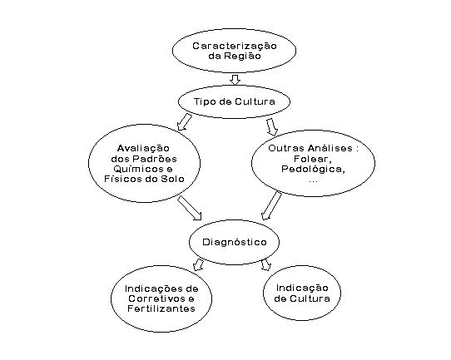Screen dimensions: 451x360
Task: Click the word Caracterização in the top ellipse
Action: [x=235, y=47]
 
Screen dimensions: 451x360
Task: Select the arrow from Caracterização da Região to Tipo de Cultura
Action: [x=235, y=80]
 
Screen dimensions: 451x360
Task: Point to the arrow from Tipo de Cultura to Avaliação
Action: [x=184, y=122]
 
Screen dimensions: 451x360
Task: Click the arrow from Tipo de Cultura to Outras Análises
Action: [x=272, y=126]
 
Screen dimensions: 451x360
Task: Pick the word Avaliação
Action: [x=143, y=149]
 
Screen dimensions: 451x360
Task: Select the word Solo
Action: [x=172, y=179]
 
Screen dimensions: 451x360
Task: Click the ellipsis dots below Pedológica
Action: [x=313, y=181]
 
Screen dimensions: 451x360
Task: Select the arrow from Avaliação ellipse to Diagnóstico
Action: [x=189, y=208]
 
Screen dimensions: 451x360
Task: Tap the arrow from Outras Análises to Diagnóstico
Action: [x=271, y=205]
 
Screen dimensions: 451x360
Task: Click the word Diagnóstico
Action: [x=235, y=242]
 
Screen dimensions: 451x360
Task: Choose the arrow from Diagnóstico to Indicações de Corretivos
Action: [x=199, y=265]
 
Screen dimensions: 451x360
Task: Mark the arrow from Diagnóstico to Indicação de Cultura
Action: [x=266, y=265]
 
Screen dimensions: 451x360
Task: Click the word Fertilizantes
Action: [x=161, y=308]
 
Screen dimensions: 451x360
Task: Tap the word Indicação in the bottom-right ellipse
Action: [x=302, y=288]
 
